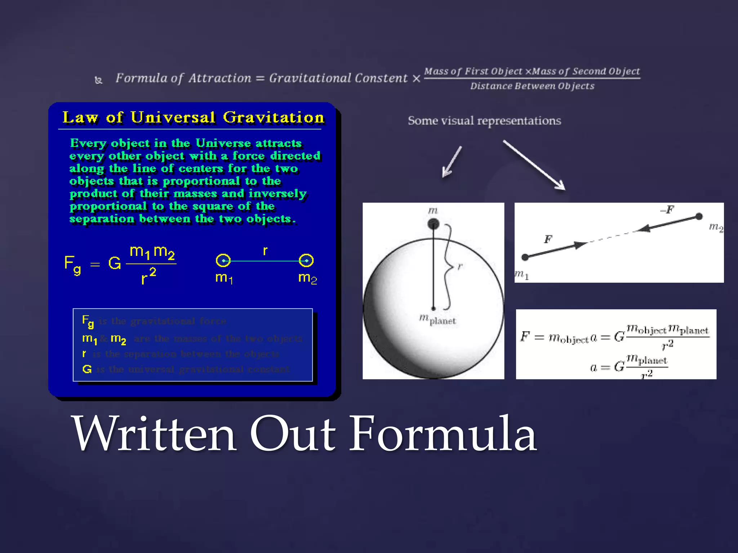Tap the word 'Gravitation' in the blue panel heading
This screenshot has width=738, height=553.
click(x=274, y=117)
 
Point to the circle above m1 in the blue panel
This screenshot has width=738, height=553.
click(x=223, y=260)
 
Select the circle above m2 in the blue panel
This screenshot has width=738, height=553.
click(x=306, y=260)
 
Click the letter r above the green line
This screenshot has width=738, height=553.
click(x=265, y=250)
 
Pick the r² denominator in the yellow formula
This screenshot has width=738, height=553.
click(x=148, y=276)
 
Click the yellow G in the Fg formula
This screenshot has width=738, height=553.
click(x=115, y=263)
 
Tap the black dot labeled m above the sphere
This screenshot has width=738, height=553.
click(x=433, y=224)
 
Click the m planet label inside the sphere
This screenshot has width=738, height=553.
click(x=437, y=319)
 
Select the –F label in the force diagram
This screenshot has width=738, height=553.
click(x=667, y=210)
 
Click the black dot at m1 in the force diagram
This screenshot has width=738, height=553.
click(x=525, y=257)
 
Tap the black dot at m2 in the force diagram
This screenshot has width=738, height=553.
click(x=699, y=216)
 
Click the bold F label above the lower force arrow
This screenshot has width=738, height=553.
click(x=548, y=239)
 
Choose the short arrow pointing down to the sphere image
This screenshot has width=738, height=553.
click(x=452, y=162)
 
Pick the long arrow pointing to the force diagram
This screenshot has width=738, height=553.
click(x=534, y=165)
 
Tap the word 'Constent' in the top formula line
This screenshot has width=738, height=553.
click(x=381, y=78)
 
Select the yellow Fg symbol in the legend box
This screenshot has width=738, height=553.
click(x=88, y=321)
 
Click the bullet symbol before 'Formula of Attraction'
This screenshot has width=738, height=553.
click(x=98, y=80)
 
